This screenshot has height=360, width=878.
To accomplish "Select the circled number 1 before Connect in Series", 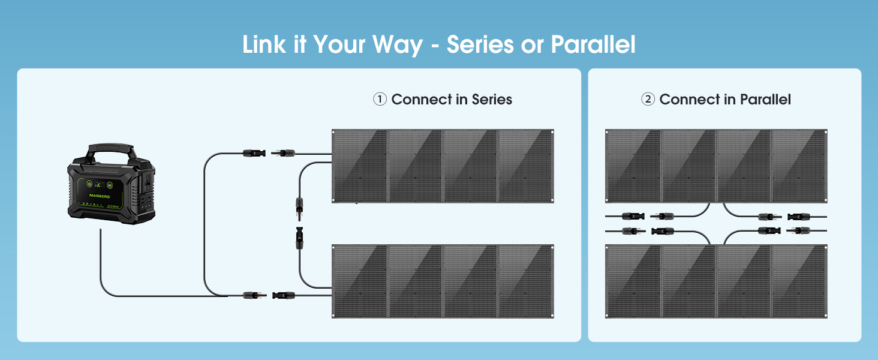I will coord(380,99).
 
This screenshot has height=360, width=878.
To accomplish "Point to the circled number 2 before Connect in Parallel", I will coord(648,100).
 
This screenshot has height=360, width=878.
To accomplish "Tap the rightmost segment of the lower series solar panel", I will coord(525,281).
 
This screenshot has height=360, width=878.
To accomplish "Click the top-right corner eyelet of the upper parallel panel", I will coord(825,132).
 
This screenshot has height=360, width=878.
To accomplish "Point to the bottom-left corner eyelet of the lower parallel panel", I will coord(608,315).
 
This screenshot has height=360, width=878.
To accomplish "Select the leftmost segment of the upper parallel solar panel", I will coord(633,166).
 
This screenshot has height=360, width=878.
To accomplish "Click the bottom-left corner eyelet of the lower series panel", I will coord(335,315).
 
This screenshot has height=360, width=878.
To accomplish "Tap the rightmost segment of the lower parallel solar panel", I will coord(799,281).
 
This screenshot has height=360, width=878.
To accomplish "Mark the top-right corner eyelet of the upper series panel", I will coord(551,132).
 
